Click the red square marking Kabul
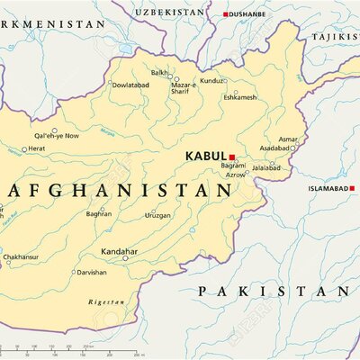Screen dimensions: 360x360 231,156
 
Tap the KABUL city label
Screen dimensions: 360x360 205,156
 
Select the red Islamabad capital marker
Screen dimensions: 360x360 352,189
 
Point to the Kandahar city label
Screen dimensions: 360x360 119,251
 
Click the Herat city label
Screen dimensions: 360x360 36,148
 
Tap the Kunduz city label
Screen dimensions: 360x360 211,80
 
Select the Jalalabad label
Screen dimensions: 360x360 265,167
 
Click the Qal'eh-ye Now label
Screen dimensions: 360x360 56,136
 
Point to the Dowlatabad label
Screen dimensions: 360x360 130,85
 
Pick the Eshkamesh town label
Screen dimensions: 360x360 239,97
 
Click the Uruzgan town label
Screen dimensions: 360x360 157,215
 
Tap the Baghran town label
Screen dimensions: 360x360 98,214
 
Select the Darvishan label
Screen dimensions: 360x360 91,272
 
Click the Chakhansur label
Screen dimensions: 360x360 20,256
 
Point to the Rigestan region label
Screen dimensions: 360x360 105,302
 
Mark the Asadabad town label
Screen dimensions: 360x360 274,148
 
